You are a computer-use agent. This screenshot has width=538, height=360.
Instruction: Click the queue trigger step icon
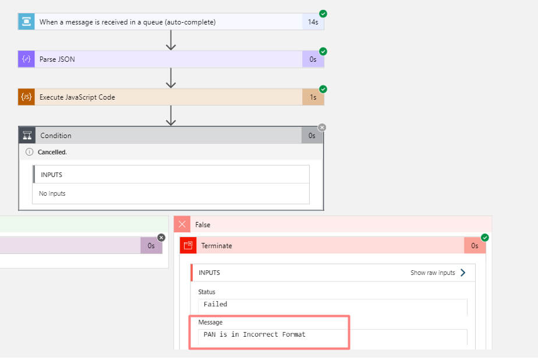pyautogui.click(x=26, y=22)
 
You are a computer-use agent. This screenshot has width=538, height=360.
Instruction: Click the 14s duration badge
pyautogui.click(x=313, y=22)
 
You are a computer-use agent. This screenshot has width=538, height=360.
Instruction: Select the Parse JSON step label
pyautogui.click(x=57, y=59)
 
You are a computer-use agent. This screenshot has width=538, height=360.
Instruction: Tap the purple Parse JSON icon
pyautogui.click(x=26, y=59)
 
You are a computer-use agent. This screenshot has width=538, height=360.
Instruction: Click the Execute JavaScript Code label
pyautogui.click(x=77, y=97)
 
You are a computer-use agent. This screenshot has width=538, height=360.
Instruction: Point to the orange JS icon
pyautogui.click(x=26, y=97)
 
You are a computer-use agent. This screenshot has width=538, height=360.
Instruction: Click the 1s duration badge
pyautogui.click(x=313, y=97)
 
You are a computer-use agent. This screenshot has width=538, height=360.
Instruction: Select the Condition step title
pyautogui.click(x=56, y=136)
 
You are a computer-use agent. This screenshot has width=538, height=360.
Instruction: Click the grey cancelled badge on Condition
pyautogui.click(x=322, y=128)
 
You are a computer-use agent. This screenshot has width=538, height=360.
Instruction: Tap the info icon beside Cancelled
pyautogui.click(x=29, y=152)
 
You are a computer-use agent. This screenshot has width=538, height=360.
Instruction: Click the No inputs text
pyautogui.click(x=52, y=193)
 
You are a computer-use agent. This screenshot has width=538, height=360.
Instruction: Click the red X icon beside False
pyautogui.click(x=183, y=224)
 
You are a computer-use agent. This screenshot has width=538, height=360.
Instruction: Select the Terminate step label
pyautogui.click(x=217, y=246)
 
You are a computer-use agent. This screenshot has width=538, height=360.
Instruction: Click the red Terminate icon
pyautogui.click(x=188, y=246)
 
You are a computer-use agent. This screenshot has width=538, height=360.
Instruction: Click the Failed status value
pyautogui.click(x=215, y=304)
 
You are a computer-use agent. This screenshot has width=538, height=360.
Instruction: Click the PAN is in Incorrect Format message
pyautogui.click(x=254, y=334)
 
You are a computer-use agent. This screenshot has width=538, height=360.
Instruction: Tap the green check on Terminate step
pyautogui.click(x=484, y=238)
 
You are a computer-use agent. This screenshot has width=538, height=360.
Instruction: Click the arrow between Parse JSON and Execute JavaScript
pyautogui.click(x=171, y=78)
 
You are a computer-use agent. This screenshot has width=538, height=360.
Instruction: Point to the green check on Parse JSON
pyautogui.click(x=323, y=51)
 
